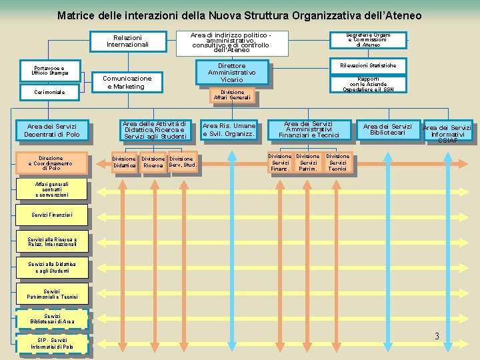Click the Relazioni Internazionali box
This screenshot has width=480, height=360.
click(127, 41)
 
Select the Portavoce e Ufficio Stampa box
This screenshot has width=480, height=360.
click(48, 71)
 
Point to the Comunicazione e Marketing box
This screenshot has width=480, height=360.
click(127, 82)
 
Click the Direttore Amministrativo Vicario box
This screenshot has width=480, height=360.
click(232, 73)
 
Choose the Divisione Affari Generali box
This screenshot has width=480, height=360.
click(232, 95)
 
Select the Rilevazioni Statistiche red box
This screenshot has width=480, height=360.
click(368, 65)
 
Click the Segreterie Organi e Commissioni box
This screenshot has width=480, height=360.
click(368, 39)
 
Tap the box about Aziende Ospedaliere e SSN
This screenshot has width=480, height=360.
click(368, 84)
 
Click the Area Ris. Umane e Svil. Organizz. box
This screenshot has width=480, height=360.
click(229, 129)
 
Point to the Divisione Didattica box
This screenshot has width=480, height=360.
click(124, 162)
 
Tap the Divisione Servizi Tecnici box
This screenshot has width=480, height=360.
click(337, 163)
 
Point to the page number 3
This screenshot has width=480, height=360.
click(437, 336)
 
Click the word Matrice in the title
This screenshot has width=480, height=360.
click(78, 15)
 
